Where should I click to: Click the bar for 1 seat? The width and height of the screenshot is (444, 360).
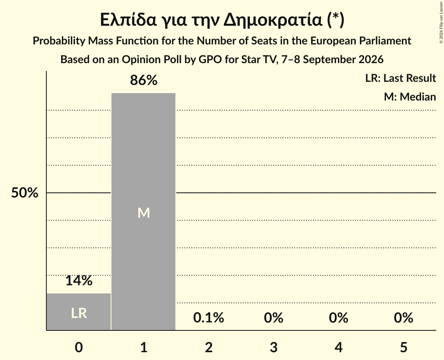tap(143, 212)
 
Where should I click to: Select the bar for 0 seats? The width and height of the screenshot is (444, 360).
tap(79, 312)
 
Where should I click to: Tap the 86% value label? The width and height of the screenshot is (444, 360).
tap(143, 80)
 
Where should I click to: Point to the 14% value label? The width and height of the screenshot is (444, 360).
tap(79, 281)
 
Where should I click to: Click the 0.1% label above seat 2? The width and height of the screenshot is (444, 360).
tap(209, 318)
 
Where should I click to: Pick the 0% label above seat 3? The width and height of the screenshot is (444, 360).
tap(274, 318)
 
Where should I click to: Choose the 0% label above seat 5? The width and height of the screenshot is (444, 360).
tap(403, 318)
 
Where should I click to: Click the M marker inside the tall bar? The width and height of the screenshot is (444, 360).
tap(143, 213)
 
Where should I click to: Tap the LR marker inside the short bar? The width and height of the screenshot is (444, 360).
tap(79, 313)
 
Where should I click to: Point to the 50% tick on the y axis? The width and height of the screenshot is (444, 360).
tap(25, 193)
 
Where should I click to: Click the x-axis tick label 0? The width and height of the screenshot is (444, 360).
tap(79, 347)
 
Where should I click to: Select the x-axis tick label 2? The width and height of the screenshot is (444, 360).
tap(209, 347)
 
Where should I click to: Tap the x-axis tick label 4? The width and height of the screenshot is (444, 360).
tap(339, 347)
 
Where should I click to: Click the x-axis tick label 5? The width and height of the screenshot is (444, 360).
tap(403, 347)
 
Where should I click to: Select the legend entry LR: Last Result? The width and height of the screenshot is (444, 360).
tap(400, 78)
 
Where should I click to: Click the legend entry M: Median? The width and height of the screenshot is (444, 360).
tap(410, 97)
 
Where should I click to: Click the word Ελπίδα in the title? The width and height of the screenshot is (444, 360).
tap(128, 20)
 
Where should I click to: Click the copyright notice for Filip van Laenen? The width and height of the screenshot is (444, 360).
tap(441, 22)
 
